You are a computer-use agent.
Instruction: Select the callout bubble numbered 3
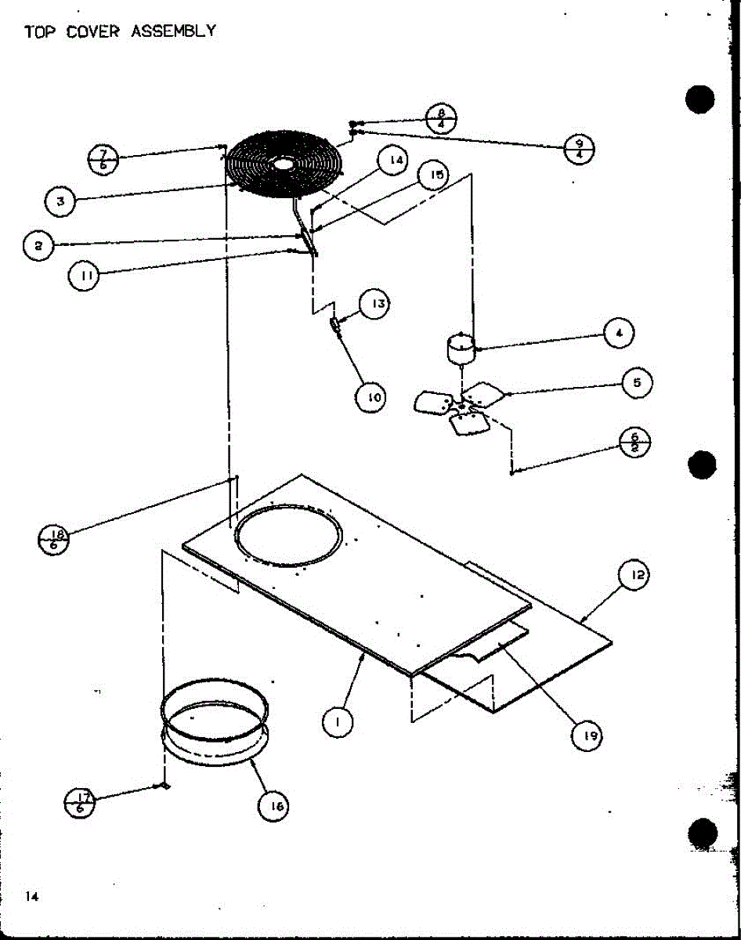(60, 201)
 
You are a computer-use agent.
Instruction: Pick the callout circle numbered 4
(618, 333)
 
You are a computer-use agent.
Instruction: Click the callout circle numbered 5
(637, 383)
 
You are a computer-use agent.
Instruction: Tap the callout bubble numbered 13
(375, 303)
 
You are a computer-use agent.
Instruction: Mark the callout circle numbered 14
(394, 161)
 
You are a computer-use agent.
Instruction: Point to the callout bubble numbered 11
(84, 276)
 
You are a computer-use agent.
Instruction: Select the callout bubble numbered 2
(38, 245)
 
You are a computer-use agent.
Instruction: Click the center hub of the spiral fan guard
(283, 164)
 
